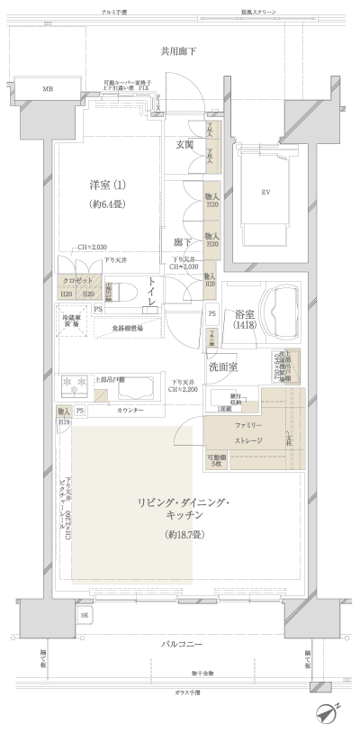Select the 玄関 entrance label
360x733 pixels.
click(185, 144)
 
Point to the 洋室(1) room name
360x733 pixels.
click(107, 185)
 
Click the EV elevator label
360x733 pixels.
click(265, 193)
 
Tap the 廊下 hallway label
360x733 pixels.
click(181, 242)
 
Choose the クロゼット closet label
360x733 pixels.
click(77, 282)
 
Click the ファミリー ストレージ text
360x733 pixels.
click(248, 433)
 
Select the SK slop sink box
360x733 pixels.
click(85, 615)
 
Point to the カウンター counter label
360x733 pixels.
click(131, 411)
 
